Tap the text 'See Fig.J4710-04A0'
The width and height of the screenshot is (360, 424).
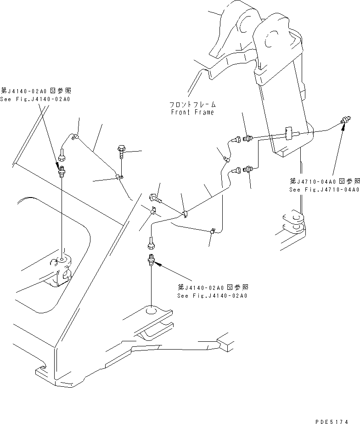[x=324, y=189]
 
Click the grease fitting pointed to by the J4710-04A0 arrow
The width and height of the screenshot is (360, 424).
[x=344, y=121]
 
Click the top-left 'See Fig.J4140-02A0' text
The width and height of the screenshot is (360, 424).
[x=35, y=99]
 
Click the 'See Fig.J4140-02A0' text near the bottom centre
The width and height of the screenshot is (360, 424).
[x=212, y=296]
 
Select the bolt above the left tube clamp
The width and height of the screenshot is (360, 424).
[x=122, y=149]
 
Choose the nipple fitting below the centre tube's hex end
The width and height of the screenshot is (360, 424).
[x=151, y=261]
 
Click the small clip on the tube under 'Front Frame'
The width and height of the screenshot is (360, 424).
[x=226, y=159]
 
